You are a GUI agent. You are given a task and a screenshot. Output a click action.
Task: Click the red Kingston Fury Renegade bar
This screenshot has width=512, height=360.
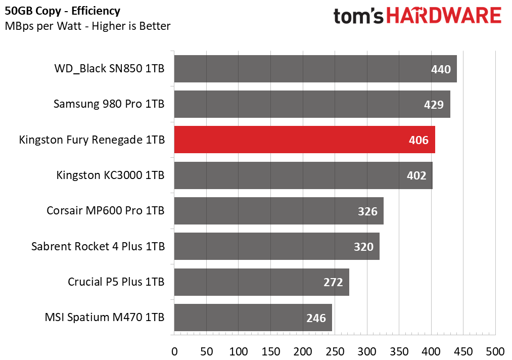pos(304,140)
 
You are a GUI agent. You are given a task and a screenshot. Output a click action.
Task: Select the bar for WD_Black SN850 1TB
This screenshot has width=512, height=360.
pos(315,69)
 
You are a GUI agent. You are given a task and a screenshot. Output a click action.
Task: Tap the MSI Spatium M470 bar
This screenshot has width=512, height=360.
pos(253,318)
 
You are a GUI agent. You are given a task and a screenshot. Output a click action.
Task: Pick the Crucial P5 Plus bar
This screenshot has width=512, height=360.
pos(261,282)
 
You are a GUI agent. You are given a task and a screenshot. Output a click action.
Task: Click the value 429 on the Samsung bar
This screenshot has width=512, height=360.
pos(434,105)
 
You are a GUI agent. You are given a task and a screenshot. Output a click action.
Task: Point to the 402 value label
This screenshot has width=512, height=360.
pos(416,175)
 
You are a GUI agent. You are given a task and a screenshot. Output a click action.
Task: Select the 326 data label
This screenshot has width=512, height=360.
pos(367,211)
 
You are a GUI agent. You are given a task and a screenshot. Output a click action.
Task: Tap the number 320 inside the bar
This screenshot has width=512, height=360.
pos(363,247)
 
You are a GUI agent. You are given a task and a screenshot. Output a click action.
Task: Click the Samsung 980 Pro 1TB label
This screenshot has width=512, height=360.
pos(109,104)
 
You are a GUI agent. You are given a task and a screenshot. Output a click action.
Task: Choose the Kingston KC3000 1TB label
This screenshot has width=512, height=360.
pos(110,175)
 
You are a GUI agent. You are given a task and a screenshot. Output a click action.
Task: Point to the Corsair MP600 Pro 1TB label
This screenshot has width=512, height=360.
pos(106,211)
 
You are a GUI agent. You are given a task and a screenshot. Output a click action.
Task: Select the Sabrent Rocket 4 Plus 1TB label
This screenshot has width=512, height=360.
pos(98,246)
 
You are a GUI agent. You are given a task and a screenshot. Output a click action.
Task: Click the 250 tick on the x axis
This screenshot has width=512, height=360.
pos(335,352)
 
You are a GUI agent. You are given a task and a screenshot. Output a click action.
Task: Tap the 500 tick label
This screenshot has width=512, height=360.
pos(495,352)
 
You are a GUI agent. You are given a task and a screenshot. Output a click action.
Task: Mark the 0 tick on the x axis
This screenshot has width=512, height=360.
pos(174,352)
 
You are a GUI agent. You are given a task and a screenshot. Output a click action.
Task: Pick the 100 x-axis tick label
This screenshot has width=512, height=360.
pos(239,352)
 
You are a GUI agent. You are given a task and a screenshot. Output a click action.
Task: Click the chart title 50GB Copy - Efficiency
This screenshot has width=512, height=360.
pos(62,11)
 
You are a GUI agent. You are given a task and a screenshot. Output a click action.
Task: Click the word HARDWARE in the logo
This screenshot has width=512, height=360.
pos(444,15)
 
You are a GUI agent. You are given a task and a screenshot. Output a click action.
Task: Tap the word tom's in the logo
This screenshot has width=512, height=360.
pos(358,16)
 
